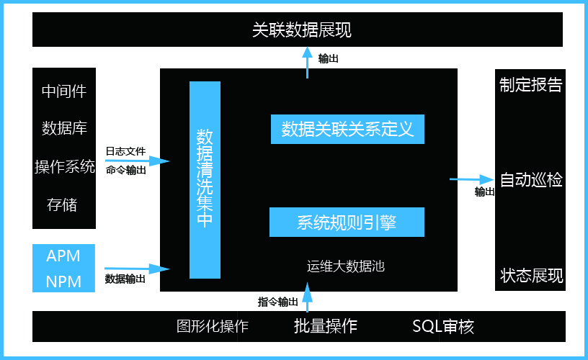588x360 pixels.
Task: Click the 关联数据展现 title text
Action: point(301,30)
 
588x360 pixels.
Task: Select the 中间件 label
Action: point(64,91)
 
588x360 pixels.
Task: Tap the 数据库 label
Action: point(64,129)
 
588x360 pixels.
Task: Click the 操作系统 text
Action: point(64,167)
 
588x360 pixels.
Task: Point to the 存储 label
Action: point(62,204)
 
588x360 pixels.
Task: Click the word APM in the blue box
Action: point(63,256)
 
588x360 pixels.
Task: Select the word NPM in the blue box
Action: point(63,281)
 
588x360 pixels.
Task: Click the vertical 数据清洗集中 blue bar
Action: point(205,179)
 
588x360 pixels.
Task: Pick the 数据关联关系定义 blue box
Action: point(347,130)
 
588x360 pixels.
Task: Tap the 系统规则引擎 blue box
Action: point(347,222)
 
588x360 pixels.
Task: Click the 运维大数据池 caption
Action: point(345,266)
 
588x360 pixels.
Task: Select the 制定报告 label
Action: point(530,85)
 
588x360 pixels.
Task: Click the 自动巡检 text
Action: point(531,180)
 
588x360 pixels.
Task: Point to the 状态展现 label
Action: point(531,276)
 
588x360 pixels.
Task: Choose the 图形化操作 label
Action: point(213,326)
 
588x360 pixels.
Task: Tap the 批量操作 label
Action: point(325,325)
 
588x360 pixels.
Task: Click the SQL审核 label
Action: point(442,326)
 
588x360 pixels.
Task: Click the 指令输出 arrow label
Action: point(277,302)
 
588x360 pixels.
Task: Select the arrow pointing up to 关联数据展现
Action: point(307,63)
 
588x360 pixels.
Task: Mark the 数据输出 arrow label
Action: point(125,279)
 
